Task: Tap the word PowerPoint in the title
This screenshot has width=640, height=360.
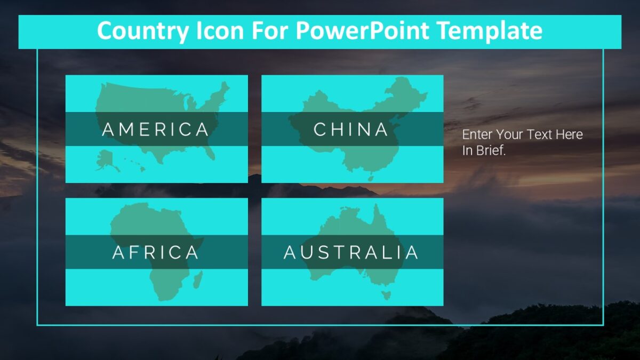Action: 362,31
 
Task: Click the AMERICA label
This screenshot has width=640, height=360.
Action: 156,130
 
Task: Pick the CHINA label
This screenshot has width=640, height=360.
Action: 351,130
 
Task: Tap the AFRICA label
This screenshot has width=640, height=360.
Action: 156,252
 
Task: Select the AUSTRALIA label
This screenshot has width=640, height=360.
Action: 351,252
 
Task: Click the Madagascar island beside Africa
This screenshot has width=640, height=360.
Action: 197,278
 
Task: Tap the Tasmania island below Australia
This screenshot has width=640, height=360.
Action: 387,295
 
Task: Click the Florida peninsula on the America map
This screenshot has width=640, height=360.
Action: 212,153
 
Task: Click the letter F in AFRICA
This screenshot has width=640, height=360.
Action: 140,252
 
